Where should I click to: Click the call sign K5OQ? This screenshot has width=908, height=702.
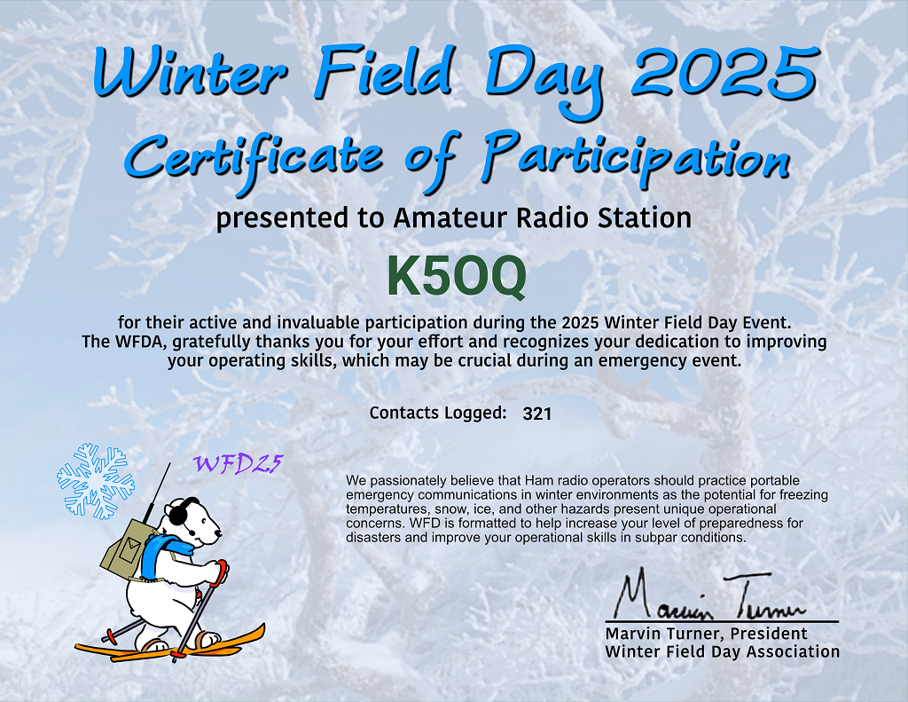(457, 277)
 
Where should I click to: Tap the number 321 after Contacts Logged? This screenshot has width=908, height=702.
(536, 414)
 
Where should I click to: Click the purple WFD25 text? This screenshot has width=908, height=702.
(238, 464)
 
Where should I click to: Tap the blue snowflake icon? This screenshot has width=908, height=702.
(96, 480)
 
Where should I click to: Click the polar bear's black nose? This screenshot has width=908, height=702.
(218, 534)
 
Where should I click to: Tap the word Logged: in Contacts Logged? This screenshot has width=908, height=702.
(475, 414)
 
